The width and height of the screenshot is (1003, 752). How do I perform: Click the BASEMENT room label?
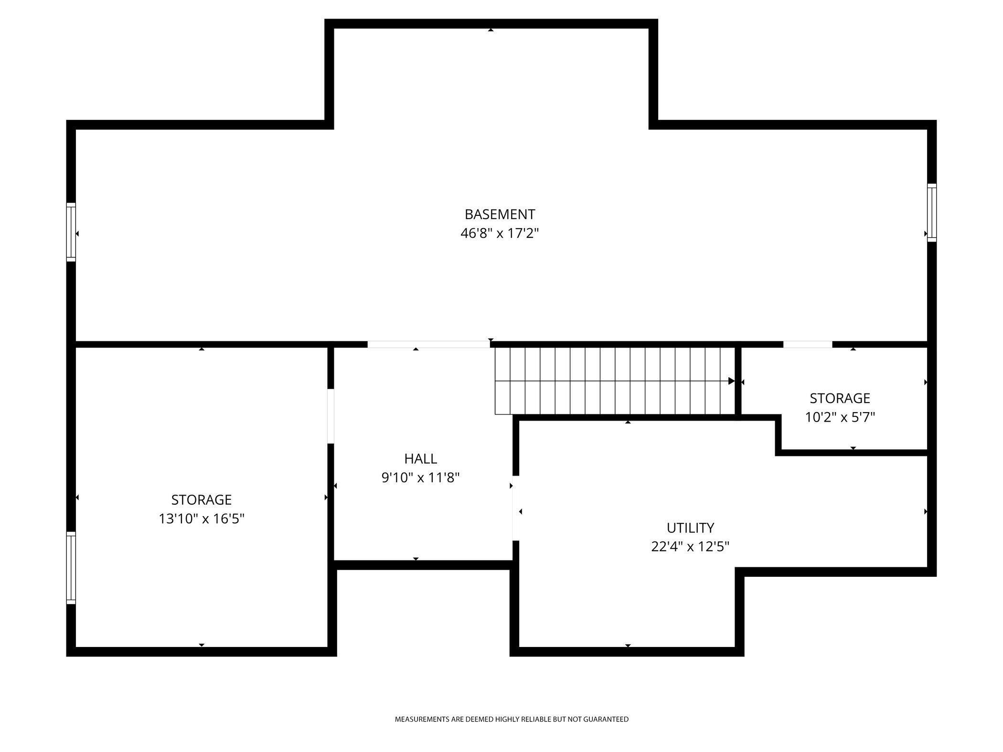point(500,214)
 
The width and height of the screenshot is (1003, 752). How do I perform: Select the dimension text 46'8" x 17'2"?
point(500,233)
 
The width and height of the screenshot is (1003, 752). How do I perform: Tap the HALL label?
point(420,459)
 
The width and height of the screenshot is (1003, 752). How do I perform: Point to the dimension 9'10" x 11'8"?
point(420,478)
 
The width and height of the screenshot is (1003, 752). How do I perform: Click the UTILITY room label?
point(690,528)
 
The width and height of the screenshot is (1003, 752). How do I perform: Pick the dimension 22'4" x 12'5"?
point(690,547)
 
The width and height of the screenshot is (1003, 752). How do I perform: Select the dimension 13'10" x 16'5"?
point(202,519)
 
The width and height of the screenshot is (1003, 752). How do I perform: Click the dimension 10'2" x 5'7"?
point(840,418)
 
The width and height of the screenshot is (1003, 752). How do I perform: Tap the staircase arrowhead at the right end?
point(731,381)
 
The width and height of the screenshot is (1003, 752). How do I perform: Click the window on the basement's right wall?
point(931,212)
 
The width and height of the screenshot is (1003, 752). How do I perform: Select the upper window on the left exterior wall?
point(71,232)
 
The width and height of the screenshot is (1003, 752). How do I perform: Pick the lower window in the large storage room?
point(71,568)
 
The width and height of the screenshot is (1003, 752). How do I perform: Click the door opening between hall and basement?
point(428,344)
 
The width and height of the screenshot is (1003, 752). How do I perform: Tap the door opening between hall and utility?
point(515,508)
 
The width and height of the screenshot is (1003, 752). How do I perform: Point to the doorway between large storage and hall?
point(330,416)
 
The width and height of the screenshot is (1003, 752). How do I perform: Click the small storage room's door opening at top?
point(807,344)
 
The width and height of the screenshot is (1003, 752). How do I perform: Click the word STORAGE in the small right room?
point(840,398)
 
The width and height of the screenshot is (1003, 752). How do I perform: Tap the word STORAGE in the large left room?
point(202,500)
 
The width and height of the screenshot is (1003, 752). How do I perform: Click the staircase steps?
point(614,381)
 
